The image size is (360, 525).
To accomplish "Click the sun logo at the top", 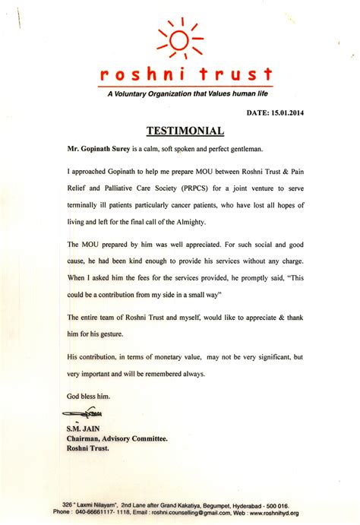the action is tap(179, 38).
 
